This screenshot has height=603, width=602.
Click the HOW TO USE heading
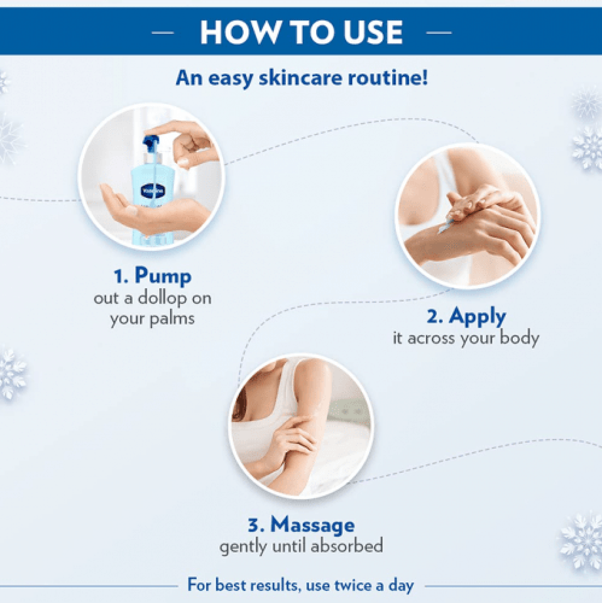301,31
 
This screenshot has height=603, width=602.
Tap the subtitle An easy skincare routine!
301,79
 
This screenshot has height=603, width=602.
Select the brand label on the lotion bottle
144,187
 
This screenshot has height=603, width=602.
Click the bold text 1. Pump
152,276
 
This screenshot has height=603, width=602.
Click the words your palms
152,318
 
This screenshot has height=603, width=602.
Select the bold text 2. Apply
466,317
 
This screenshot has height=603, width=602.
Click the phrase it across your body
466,338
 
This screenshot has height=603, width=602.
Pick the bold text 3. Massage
301,524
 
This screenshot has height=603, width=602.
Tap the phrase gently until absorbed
301,546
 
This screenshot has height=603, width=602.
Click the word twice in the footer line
354,586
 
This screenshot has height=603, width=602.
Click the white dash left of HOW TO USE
163,32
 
